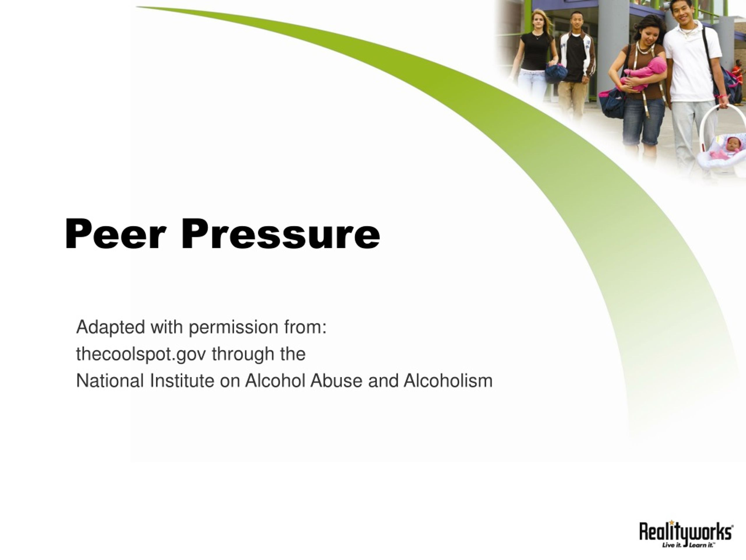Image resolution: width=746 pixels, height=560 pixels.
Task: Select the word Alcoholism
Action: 448,381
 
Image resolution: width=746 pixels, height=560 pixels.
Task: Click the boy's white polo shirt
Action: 692,62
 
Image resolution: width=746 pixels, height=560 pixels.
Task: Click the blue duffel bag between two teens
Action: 556,73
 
